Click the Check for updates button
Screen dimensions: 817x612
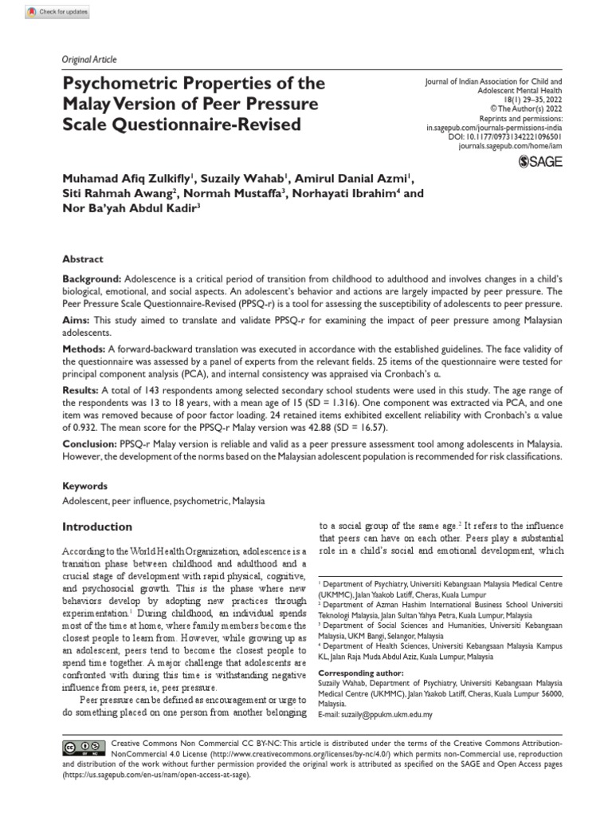click(x=58, y=13)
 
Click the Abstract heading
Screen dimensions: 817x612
click(x=83, y=259)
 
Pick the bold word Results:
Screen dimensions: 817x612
click(x=80, y=391)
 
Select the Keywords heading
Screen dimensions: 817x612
click(x=84, y=485)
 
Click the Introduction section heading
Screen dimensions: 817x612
click(x=97, y=527)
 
